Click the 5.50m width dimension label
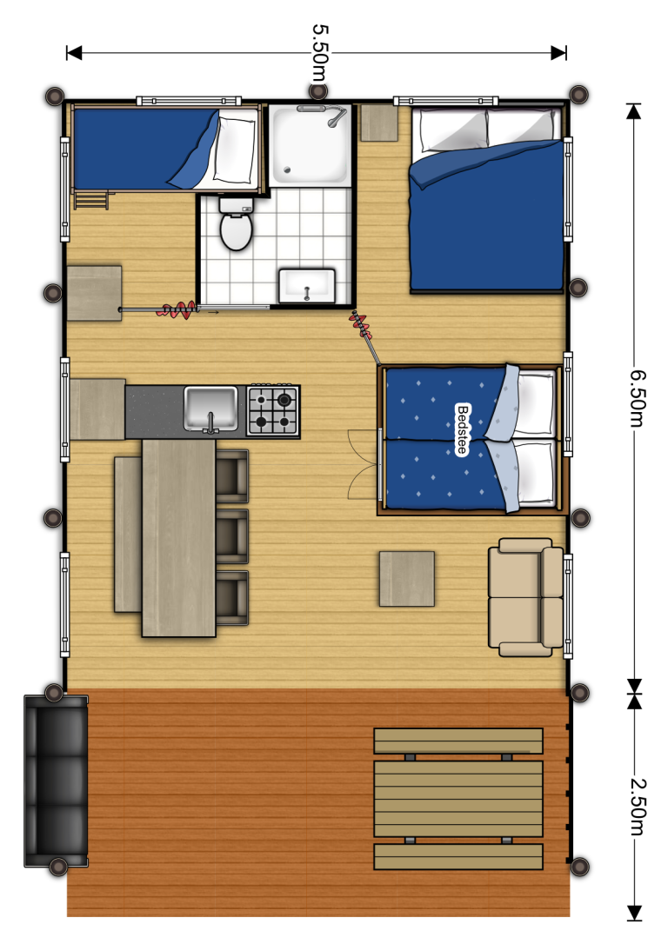pos(319,53)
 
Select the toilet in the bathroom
pos(236,226)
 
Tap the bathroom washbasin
pos(306,285)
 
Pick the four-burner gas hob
pos(273,410)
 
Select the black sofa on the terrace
pos(56,781)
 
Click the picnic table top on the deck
pos(458,799)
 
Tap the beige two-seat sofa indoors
pos(525,596)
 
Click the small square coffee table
pos(406,579)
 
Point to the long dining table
pos(178,537)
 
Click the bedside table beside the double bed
pos(379,123)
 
